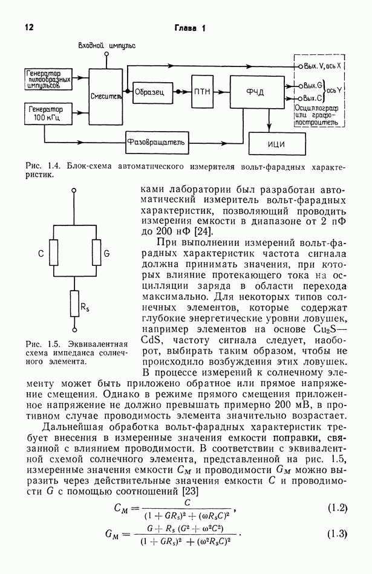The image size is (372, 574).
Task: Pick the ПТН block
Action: tap(203, 92)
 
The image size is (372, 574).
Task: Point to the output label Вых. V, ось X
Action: tap(323, 65)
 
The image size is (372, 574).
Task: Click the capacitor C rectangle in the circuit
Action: tap(54, 254)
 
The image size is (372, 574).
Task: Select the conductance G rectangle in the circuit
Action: tap(95, 254)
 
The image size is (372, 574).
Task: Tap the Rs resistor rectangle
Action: tap(74, 307)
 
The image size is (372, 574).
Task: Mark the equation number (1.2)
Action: tap(337, 508)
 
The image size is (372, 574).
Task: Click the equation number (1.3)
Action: tap(337, 534)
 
